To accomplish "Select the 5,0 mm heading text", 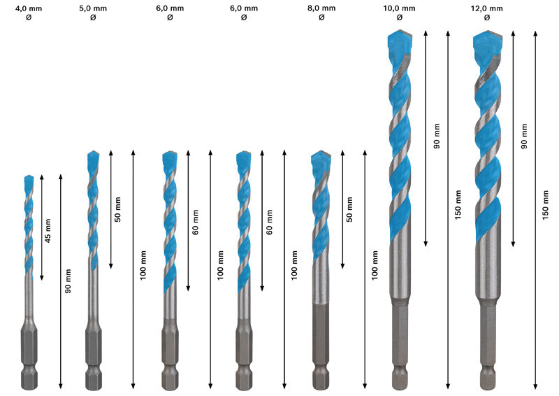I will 93,8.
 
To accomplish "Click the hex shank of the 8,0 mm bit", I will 320,343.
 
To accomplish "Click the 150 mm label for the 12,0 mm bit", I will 545,207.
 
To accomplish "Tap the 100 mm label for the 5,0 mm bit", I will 143,267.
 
